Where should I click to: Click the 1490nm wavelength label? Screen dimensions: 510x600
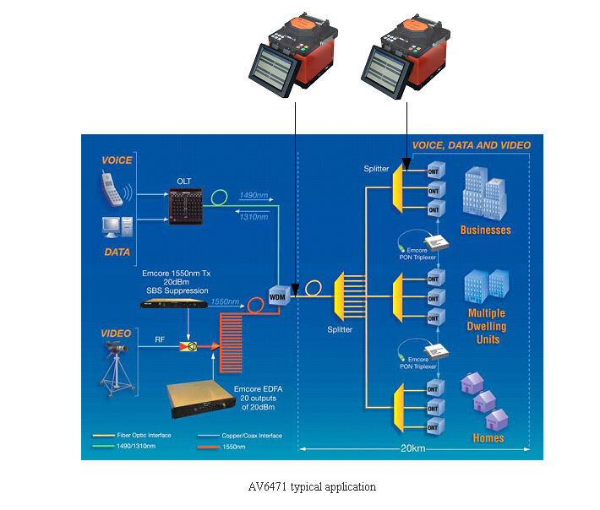tap(255, 194)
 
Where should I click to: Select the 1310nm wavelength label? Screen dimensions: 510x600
tap(255, 217)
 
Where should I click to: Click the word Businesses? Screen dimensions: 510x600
tap(485, 230)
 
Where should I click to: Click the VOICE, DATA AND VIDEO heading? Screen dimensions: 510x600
tap(471, 145)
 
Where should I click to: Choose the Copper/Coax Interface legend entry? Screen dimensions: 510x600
tap(253, 436)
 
